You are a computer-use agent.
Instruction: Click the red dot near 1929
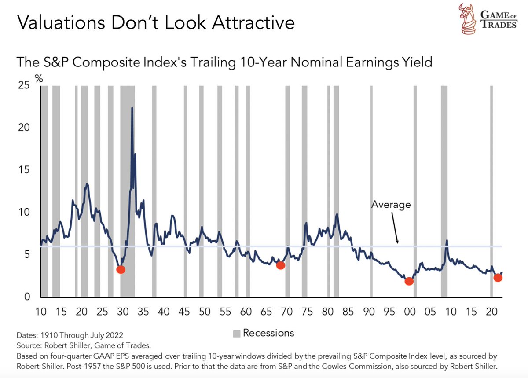pos(120,269)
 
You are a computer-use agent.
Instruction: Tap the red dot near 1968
pos(280,265)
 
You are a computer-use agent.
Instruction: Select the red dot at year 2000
pos(409,281)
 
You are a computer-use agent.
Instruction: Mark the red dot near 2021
pos(498,277)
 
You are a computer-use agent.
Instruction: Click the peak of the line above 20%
pos(132,108)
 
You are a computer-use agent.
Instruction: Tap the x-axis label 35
pos(143,312)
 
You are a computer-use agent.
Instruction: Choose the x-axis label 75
pos(307,312)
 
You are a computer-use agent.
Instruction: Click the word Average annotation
pos(391,205)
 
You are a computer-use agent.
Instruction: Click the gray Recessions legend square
pos(236,333)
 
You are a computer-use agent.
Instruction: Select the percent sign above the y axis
pos(39,79)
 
